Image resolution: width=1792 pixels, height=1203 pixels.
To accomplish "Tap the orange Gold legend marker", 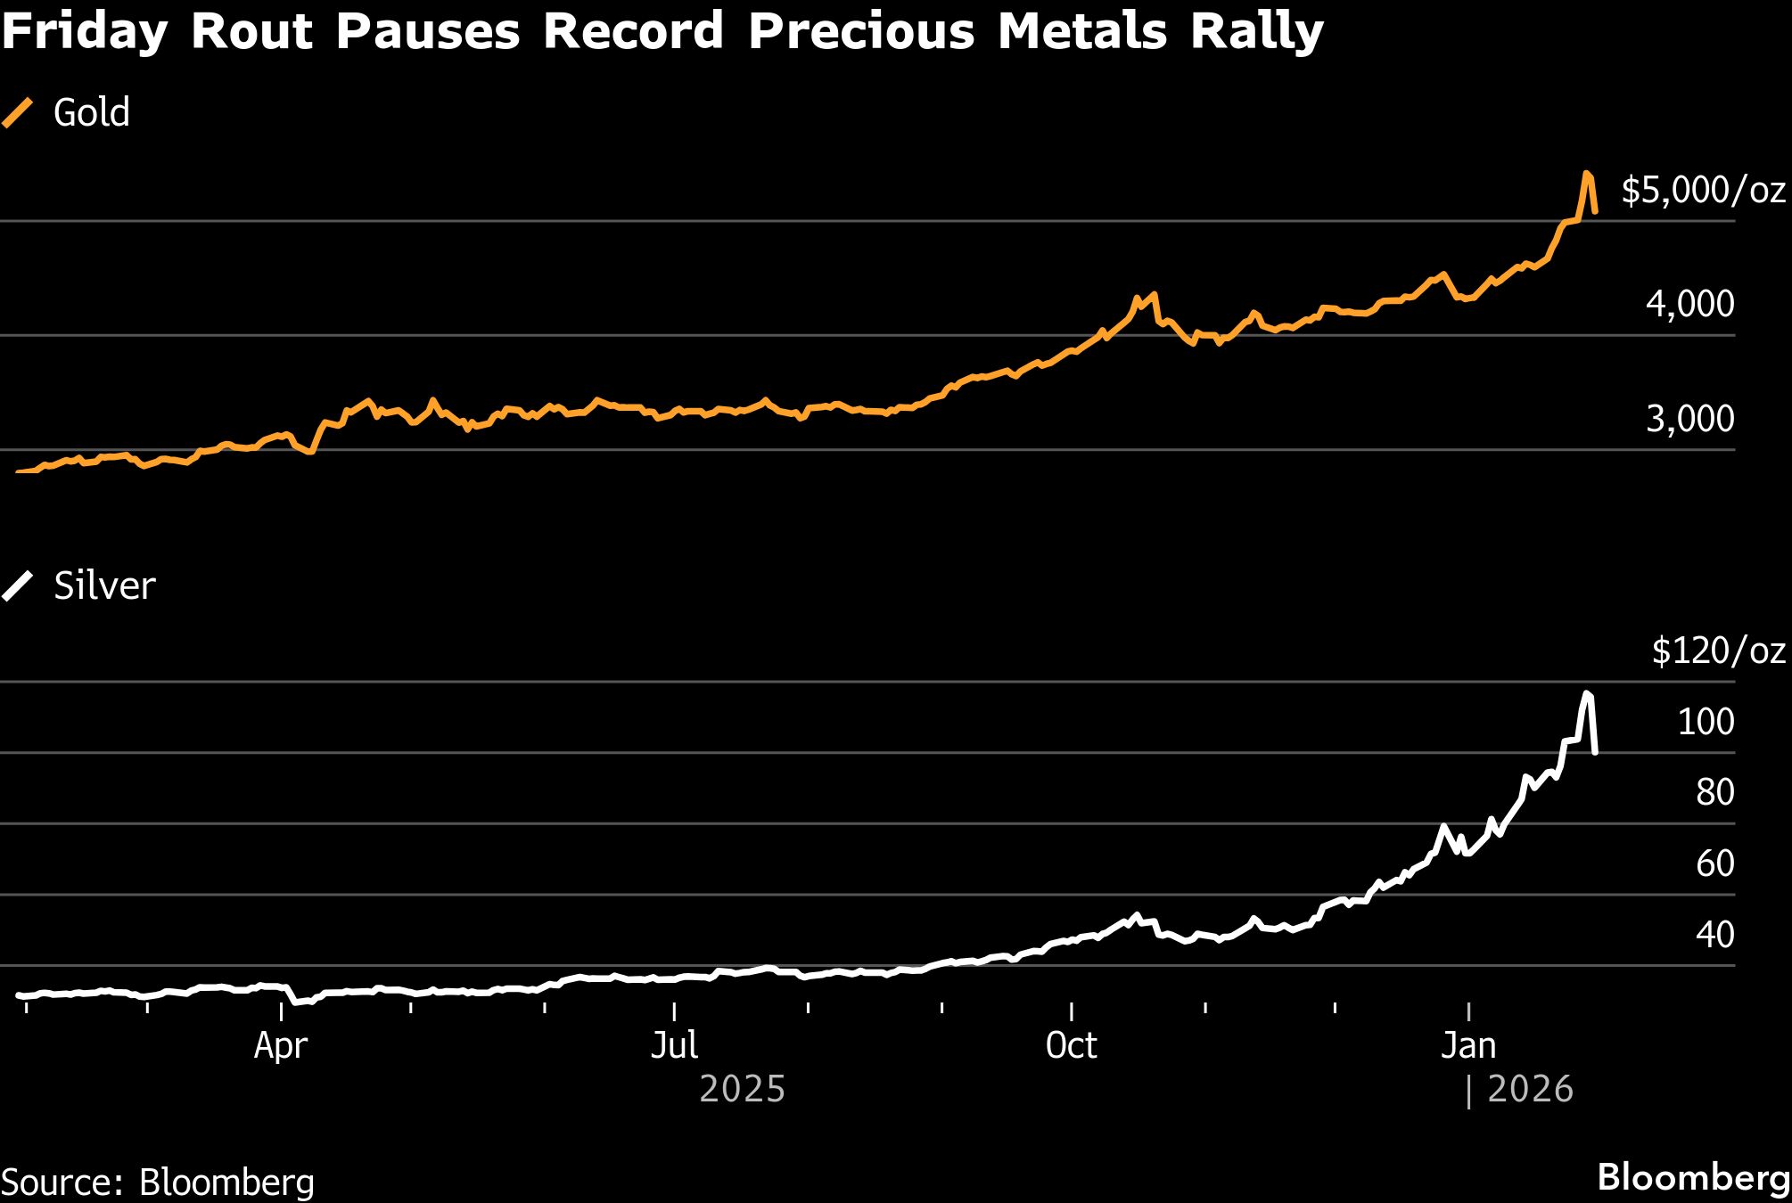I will [17, 113].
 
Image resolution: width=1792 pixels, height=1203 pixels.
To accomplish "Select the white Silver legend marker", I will [17, 586].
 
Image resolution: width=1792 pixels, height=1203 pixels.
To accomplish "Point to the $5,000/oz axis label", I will [1703, 190].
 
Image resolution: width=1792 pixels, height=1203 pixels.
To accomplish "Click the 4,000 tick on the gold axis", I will [1689, 304].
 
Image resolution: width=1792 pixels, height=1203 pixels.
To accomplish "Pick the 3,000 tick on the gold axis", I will [1689, 418].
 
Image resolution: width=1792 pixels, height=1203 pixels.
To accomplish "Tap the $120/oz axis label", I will [1718, 651].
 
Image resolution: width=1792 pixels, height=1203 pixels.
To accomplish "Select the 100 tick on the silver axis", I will [1706, 721].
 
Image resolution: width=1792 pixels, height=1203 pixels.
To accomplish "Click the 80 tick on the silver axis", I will [1714, 791].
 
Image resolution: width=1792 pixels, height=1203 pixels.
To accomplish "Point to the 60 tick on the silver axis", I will [1714, 863].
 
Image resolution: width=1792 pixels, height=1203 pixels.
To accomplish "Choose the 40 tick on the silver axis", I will [1714, 934].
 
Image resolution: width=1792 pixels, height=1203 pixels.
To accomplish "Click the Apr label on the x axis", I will [280, 1045].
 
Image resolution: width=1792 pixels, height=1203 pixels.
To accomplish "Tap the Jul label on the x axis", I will [674, 1045].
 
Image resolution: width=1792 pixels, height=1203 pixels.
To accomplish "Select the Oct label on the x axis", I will [1071, 1045].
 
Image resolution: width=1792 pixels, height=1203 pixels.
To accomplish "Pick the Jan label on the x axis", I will [1468, 1045].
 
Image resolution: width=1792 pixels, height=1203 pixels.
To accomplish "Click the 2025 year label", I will [742, 1089].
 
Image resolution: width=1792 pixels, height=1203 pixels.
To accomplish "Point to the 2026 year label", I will [1530, 1089].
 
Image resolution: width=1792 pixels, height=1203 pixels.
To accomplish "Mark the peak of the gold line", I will [1587, 174].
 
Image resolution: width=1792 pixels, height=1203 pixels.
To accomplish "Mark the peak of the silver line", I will [1587, 693].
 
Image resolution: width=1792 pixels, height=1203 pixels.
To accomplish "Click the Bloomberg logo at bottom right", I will [1693, 1178].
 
